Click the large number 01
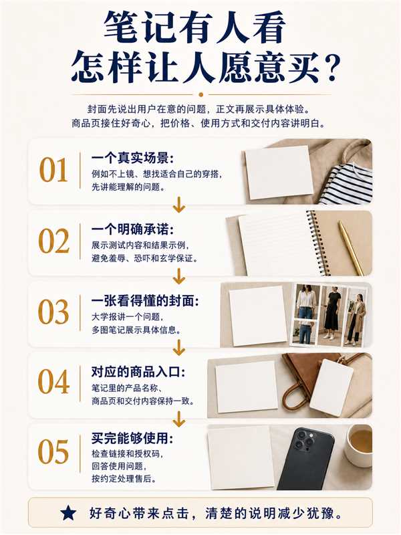point(53,170)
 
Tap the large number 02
point(53,241)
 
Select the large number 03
point(53,312)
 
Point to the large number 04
point(53,381)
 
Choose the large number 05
point(53,452)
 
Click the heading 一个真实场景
point(132,158)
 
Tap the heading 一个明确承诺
point(132,229)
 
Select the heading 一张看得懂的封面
point(145,300)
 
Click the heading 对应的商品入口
point(138,371)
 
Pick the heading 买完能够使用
point(132,438)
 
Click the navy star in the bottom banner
point(68,513)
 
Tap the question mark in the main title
point(329,66)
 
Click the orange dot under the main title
point(201,94)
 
